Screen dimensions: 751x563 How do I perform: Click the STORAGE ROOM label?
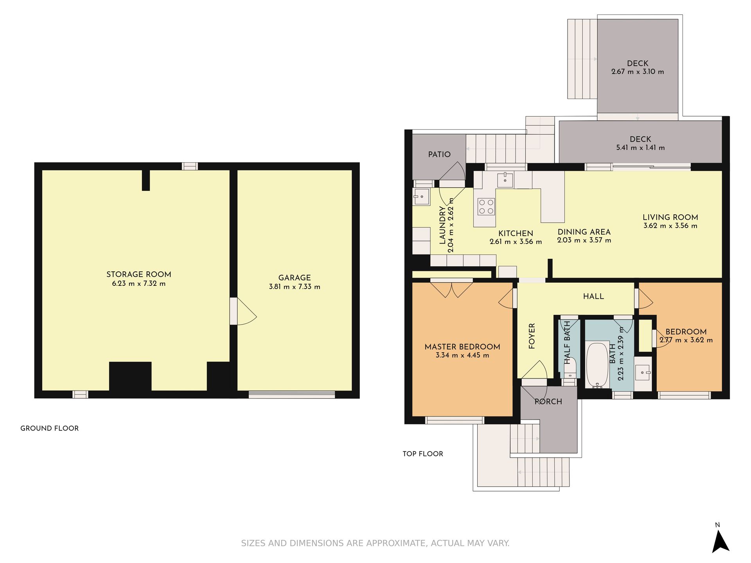coord(139,274)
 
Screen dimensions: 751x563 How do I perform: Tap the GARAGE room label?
coord(295,278)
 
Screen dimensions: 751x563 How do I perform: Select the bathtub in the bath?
coord(597,365)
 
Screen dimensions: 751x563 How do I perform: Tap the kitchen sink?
coord(505,180)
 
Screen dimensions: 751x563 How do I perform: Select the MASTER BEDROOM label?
coord(462,347)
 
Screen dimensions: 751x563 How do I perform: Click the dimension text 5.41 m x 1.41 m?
coord(640,148)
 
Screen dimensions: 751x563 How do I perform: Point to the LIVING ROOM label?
coord(670,217)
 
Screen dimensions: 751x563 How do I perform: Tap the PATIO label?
coord(439,154)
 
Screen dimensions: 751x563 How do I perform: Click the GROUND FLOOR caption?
coord(50,428)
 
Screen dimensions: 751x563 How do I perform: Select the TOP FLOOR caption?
coord(423,454)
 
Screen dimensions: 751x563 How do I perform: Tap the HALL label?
coord(593,296)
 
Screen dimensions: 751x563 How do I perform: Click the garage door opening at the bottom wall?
coord(292,394)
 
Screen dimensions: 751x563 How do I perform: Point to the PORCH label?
coord(548,402)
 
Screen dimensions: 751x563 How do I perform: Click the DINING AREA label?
coord(584,232)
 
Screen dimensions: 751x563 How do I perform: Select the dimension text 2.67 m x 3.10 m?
coord(638,72)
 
